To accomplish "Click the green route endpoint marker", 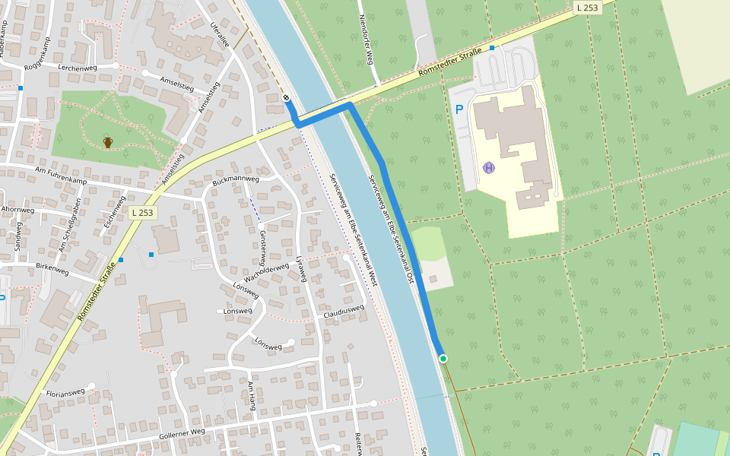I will coord(443,358).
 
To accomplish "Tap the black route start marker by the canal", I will coord(287,98).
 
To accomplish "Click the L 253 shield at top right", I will coord(587,8).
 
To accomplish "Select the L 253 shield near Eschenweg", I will coord(142,213).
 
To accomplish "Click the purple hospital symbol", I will coord(489,167).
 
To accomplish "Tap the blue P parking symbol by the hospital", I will coord(459,109).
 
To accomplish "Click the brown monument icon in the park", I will coord(108,142).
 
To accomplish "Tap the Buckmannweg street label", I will coord(236,181).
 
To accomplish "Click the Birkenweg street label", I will coord(52,269).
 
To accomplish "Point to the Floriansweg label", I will coord(65,394).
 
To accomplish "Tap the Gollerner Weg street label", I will coord(182,434).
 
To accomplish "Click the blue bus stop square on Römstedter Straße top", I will coord(492,48).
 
